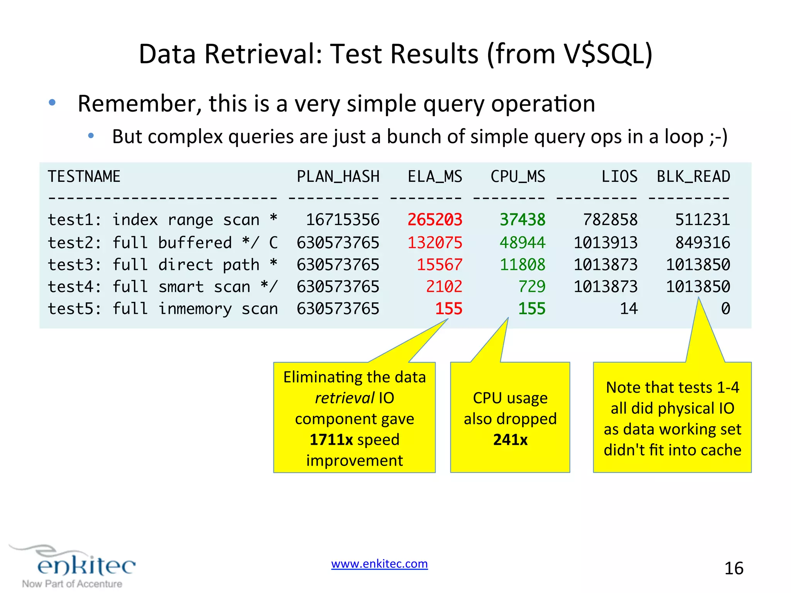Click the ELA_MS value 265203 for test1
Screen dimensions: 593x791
[x=435, y=220]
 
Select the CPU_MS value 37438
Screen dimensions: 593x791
[x=522, y=220]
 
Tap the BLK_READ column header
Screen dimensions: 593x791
[x=693, y=177]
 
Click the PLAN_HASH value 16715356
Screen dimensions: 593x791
[x=343, y=220]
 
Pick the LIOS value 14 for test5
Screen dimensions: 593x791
[x=628, y=309]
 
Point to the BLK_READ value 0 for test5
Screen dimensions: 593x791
[x=725, y=309]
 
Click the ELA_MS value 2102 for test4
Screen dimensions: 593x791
[x=444, y=287]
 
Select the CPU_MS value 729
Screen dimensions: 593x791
[x=531, y=287]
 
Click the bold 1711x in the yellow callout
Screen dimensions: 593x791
[x=331, y=440]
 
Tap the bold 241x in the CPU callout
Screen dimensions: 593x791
[x=510, y=440]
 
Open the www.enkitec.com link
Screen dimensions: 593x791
[x=379, y=564]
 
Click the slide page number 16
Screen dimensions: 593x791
[x=733, y=568]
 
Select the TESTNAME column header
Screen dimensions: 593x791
[x=84, y=177]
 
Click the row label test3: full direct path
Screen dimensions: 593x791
[x=162, y=265]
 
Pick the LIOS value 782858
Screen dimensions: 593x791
[x=610, y=220]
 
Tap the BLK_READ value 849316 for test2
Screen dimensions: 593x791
[x=702, y=243]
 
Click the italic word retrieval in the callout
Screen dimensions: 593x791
[x=345, y=398]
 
